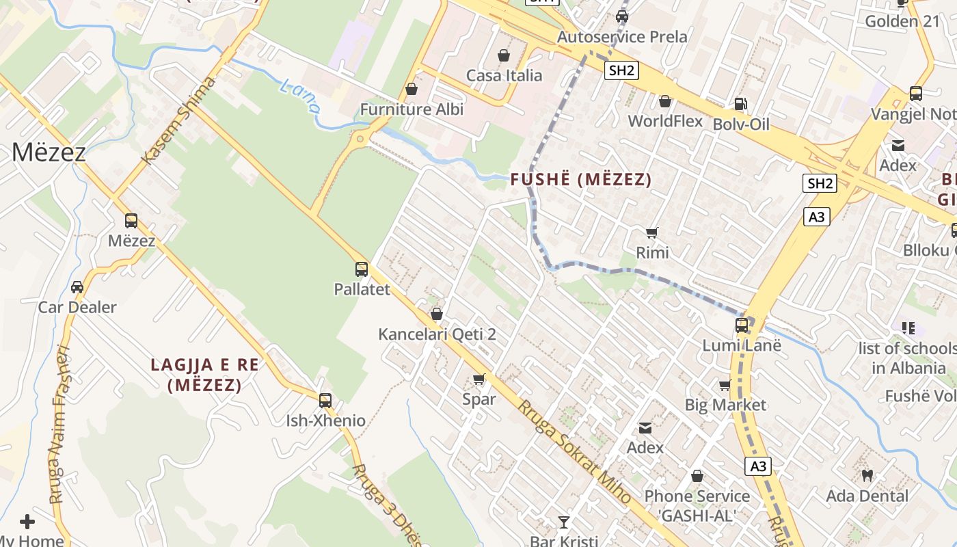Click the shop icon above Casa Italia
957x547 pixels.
tap(504, 55)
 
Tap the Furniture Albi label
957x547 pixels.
tap(412, 109)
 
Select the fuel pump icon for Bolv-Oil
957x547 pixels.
tap(740, 104)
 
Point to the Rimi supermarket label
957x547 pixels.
tap(652, 252)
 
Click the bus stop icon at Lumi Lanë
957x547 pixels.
tap(742, 325)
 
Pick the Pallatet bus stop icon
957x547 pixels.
tap(362, 269)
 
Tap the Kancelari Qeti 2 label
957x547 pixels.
tap(437, 334)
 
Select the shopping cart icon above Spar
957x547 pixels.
tap(479, 379)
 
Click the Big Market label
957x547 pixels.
tap(725, 405)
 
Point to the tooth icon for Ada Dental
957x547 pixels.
tap(867, 475)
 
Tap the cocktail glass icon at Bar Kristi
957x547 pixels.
tap(563, 522)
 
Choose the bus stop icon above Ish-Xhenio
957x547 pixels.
tap(325, 401)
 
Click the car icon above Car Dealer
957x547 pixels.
tap(77, 287)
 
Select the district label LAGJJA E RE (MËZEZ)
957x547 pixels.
tap(205, 375)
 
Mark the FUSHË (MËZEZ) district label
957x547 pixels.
tap(581, 180)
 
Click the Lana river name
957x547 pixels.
tap(300, 95)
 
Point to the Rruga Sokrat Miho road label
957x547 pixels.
tap(574, 452)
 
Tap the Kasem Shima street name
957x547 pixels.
tap(178, 121)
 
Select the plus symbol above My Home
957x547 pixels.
tap(27, 522)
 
